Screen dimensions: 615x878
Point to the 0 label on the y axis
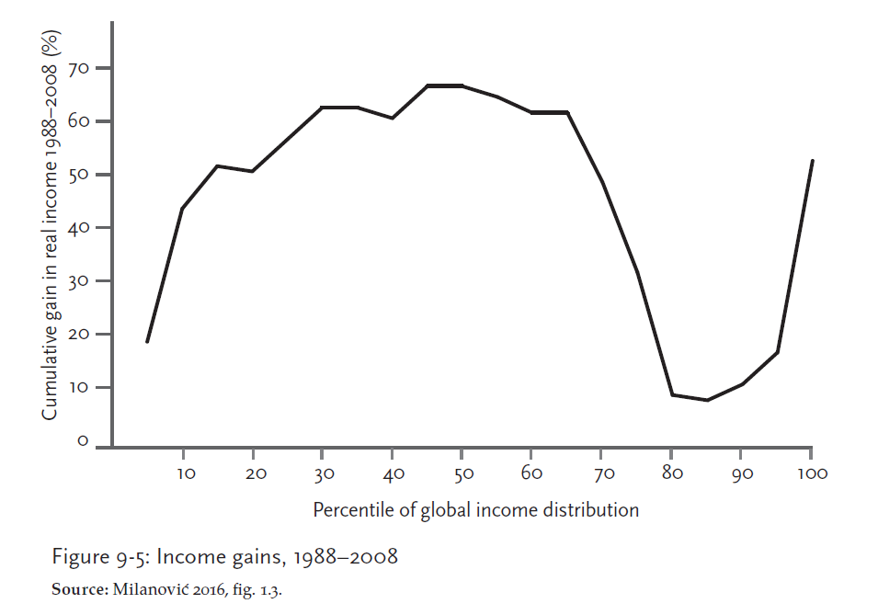click(x=82, y=442)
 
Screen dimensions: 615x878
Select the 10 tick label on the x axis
click(x=183, y=474)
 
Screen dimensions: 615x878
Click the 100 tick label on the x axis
click(x=811, y=474)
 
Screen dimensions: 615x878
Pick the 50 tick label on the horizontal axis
click(x=462, y=474)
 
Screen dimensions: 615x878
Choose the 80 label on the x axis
click(x=672, y=474)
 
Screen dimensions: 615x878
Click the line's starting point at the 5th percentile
click(x=147, y=342)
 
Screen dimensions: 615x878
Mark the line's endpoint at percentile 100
click(x=812, y=161)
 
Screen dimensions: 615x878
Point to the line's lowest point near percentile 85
click(x=707, y=400)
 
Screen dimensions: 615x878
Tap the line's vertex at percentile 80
click(x=672, y=394)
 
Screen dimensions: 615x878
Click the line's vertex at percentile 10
click(x=183, y=209)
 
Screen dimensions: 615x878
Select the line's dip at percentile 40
click(x=393, y=118)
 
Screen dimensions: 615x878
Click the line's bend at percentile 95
click(x=777, y=352)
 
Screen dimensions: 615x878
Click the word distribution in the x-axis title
click(x=589, y=509)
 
